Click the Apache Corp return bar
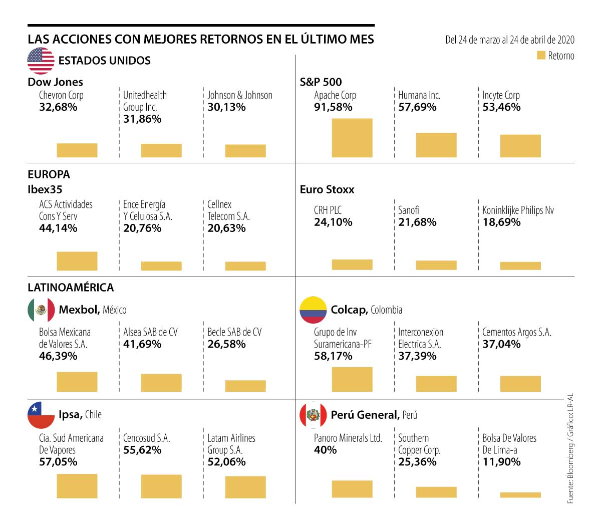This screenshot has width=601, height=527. coord(352,138)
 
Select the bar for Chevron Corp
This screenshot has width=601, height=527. coord(77,150)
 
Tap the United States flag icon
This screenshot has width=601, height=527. coord(41,61)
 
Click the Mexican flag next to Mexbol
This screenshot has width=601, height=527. coord(41,310)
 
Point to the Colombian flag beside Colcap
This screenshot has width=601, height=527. coord(313,310)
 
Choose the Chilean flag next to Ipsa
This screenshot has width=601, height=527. coord(41,415)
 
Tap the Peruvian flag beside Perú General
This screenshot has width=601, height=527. coord(313,415)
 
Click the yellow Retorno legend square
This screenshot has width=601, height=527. coord(541,56)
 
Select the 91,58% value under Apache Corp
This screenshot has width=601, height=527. coord(333,107)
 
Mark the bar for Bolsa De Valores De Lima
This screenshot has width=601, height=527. coord(520,495)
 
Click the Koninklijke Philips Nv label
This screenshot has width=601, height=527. coord(518,210)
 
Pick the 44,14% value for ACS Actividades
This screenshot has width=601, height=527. coord(58,228)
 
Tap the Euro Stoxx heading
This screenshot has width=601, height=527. coord(327,190)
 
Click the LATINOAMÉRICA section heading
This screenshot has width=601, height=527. coord(71,288)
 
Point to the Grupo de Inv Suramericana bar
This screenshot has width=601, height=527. coord(352,379)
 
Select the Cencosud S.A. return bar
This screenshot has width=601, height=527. coord(161,486)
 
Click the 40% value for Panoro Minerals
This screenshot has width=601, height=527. coord(325,450)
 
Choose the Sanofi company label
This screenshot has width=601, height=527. coord(409,210)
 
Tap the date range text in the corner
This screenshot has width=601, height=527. coord(510,40)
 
